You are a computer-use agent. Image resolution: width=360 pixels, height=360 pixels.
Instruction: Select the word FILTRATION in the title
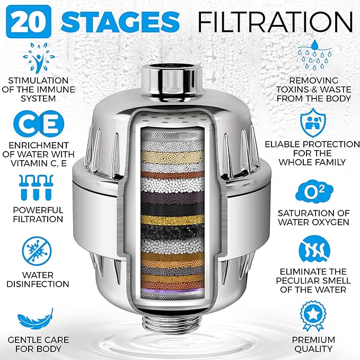(275, 21)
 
